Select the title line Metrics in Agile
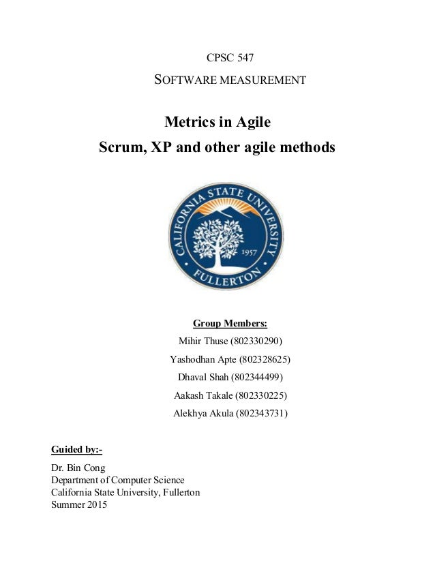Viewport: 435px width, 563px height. (218, 123)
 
